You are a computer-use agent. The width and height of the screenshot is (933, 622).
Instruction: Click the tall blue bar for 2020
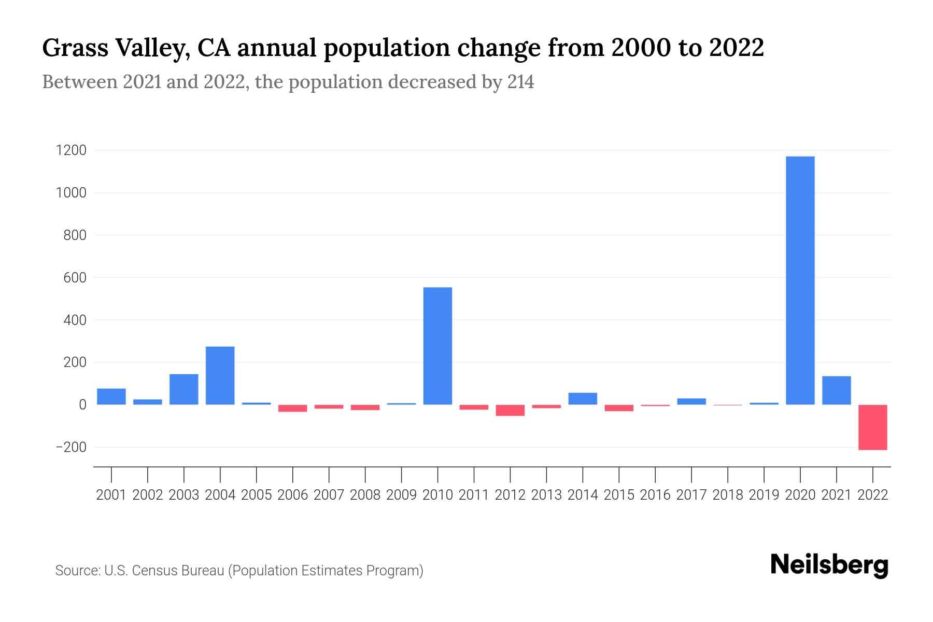coord(800,280)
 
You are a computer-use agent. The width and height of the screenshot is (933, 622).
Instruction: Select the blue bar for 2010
coord(437,346)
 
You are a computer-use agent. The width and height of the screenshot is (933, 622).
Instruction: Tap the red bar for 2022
coord(872,427)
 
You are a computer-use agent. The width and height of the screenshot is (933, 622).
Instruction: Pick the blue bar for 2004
coord(220,375)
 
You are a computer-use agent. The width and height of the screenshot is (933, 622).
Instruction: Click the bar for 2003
coord(183,389)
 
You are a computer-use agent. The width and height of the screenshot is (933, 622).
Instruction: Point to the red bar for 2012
coord(510,411)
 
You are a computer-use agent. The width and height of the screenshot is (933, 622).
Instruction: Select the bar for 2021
coord(836,390)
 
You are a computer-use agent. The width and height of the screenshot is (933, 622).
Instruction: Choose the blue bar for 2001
coord(111,397)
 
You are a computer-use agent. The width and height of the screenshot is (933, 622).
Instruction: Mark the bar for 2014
coord(583,399)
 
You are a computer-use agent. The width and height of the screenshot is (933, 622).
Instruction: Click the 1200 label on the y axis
coord(72,151)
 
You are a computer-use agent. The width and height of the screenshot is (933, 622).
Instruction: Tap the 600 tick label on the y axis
coord(75,278)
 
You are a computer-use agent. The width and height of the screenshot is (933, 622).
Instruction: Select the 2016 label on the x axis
coord(655,495)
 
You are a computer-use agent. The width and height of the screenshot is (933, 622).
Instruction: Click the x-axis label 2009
coord(401,495)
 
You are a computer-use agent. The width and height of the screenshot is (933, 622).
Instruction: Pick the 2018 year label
coord(728,495)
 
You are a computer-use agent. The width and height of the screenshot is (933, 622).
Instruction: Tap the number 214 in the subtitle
coord(520,82)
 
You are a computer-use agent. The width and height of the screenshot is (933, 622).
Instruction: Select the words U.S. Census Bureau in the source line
coord(164,571)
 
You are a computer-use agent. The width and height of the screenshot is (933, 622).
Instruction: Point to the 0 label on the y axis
coord(82,405)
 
